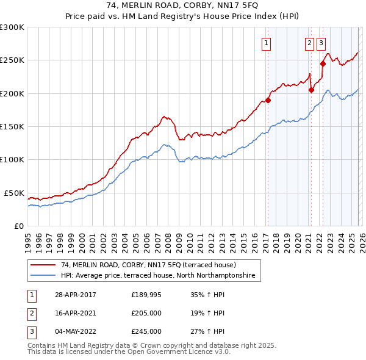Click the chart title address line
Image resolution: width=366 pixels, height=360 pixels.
(x=184, y=6)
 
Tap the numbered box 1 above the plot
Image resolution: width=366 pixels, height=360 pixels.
(x=267, y=43)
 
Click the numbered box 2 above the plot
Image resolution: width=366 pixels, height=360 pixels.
(x=309, y=43)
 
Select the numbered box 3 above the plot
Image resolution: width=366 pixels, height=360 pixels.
(x=321, y=43)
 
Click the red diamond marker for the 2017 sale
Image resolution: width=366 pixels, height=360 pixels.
(x=268, y=101)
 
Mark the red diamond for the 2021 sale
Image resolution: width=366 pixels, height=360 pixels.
(x=310, y=90)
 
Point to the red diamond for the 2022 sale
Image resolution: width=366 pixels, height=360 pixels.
(x=323, y=63)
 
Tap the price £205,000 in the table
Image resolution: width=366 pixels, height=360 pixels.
(x=146, y=313)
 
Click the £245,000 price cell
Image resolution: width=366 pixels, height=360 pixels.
(x=146, y=331)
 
